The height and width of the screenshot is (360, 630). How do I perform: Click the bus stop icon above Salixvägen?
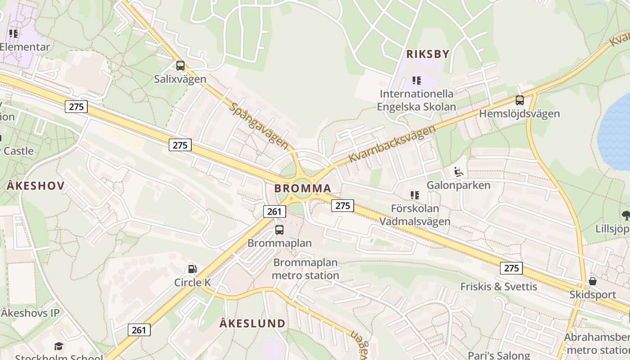tap(180, 66)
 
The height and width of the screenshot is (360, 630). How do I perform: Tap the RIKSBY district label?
tap(427, 54)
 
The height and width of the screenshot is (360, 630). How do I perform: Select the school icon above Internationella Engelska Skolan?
tap(417, 81)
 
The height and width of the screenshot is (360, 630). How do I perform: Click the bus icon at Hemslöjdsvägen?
tap(520, 100)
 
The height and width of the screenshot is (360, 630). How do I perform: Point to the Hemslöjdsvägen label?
tap(519, 114)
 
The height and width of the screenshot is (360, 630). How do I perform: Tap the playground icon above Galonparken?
tap(458, 172)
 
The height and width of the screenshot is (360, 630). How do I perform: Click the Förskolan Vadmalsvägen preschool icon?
tap(415, 195)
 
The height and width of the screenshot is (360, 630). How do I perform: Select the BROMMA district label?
tap(303, 189)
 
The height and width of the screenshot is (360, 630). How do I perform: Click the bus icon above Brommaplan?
tap(279, 230)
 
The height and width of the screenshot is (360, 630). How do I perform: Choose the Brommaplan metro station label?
tap(306, 269)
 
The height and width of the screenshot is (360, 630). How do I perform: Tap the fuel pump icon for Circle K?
tap(192, 269)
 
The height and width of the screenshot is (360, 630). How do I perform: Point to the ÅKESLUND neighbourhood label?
tap(252, 324)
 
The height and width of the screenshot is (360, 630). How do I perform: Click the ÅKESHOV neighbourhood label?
tap(36, 186)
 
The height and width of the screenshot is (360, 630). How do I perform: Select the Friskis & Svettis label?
tap(499, 287)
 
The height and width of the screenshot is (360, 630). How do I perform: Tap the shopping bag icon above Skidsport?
tap(593, 281)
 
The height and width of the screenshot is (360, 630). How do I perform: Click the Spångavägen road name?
tap(259, 126)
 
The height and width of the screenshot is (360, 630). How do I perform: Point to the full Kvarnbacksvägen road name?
tap(392, 144)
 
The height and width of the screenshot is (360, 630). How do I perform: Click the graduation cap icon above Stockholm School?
tap(58, 346)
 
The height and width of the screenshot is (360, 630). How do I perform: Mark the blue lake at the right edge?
tap(616, 130)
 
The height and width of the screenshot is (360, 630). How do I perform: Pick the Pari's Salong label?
tap(499, 355)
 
